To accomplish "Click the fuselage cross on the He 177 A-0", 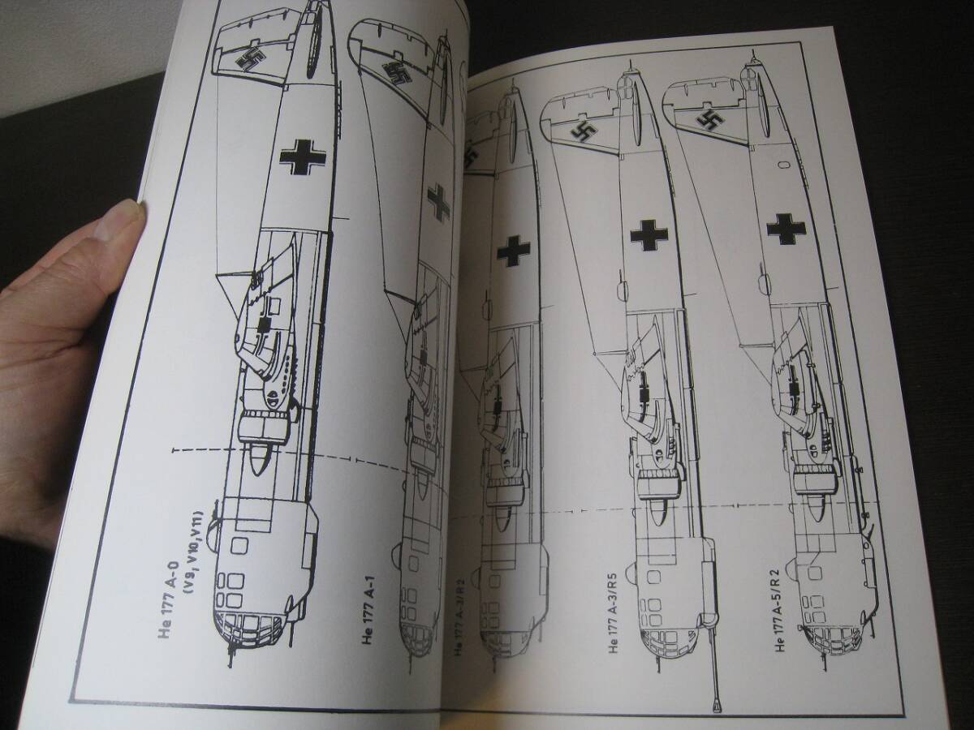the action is tap(300, 156).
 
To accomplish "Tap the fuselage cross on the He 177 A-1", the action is tap(439, 201).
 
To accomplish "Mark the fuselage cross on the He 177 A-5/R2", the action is tap(786, 228).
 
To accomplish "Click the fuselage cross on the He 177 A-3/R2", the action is tap(513, 251).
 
